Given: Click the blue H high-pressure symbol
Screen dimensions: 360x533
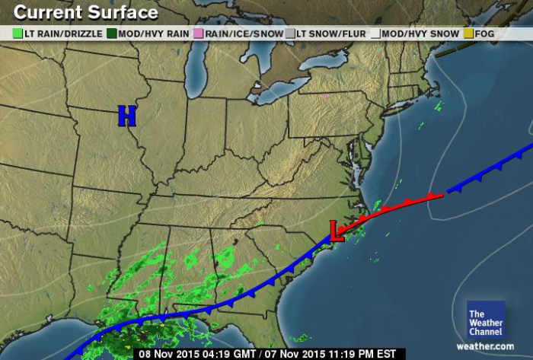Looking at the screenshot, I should tap(126, 116).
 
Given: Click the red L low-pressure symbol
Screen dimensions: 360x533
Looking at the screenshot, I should tap(335, 231).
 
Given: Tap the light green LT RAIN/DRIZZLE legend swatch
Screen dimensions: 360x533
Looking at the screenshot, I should tap(18, 33).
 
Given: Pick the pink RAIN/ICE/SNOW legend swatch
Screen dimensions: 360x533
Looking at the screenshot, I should tap(198, 33).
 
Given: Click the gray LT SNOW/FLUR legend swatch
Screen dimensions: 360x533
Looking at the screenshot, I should tap(289, 33).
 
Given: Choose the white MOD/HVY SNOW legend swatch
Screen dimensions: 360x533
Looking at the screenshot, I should tap(375, 33).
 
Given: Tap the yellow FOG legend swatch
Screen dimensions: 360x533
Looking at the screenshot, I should tap(468, 33).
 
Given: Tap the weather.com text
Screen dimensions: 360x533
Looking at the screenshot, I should tap(485, 346).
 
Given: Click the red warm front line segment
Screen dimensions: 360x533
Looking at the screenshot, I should tap(396, 206).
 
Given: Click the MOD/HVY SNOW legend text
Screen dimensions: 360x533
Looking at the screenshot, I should tap(420, 33).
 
